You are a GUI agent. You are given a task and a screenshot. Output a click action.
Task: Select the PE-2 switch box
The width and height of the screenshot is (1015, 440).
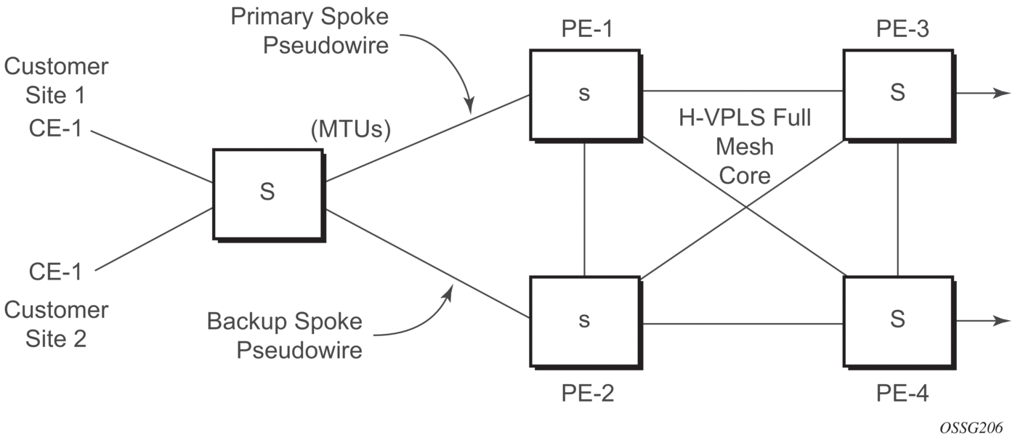click(585, 319)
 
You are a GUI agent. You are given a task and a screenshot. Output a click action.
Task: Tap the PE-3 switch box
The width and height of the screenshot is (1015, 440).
click(898, 94)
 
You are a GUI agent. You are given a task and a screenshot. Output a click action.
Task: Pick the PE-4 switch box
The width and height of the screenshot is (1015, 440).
click(898, 319)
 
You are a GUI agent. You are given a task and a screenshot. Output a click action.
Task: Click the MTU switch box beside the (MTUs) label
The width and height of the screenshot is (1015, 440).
click(267, 194)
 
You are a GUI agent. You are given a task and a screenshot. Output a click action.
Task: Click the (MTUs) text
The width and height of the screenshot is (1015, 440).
click(350, 131)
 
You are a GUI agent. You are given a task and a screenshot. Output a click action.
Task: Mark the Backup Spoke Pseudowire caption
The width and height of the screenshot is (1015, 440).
click(285, 335)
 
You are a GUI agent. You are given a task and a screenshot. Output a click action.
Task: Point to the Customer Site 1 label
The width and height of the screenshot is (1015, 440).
click(56, 80)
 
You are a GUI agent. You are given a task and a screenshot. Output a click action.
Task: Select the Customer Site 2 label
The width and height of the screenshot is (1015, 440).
click(56, 324)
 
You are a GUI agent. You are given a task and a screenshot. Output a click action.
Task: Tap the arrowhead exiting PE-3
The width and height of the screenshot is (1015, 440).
click(1003, 94)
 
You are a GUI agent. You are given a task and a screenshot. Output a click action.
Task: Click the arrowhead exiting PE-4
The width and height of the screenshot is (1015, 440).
click(1003, 320)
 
